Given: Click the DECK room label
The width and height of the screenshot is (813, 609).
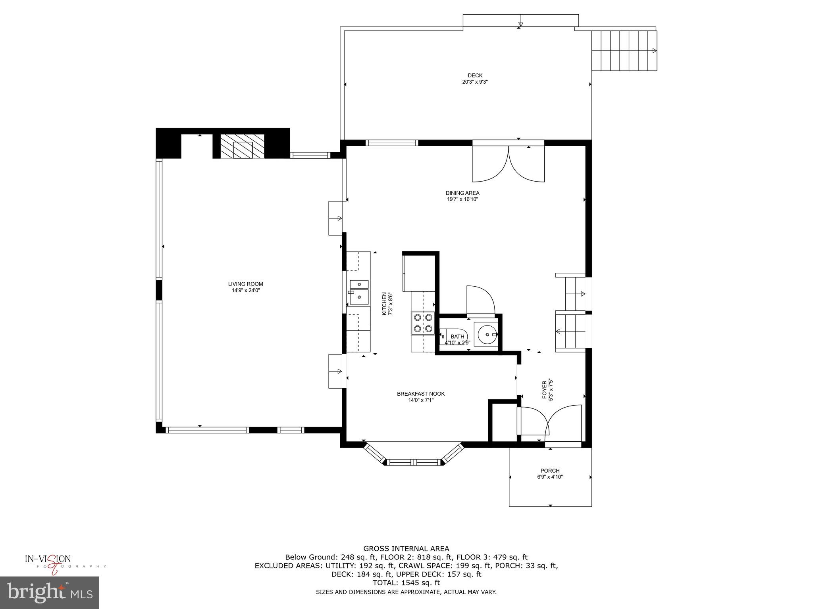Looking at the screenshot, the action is coord(475,75).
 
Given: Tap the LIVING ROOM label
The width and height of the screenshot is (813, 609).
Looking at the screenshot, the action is coord(245,284).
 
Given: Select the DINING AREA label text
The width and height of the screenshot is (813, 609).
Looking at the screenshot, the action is coord(462,193).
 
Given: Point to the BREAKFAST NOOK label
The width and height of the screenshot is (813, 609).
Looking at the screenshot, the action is coord(421,394).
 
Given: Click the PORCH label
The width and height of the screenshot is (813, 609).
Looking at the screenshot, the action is coord(550,471).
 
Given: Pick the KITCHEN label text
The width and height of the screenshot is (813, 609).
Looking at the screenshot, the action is coord(384,304).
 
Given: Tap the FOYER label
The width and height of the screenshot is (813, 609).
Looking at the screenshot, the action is coord(545,391).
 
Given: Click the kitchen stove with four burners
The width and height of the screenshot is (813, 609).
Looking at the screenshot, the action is coord(423,323).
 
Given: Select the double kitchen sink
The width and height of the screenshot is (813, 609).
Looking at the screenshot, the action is coord(359,292).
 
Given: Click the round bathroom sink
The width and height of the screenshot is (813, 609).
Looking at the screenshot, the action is coord(486,334).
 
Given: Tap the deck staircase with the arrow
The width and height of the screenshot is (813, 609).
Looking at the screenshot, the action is coord(624,51).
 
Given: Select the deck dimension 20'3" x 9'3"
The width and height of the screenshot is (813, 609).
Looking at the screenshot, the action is coord(475,82).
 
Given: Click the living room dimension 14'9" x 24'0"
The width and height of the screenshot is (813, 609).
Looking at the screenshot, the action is coord(245,290).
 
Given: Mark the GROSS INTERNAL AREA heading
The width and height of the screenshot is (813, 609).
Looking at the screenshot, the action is coord(406,549).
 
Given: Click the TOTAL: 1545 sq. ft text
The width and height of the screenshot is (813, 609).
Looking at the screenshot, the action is coord(406,583).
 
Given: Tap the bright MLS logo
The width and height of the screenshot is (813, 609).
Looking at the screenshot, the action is coord(50,593).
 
